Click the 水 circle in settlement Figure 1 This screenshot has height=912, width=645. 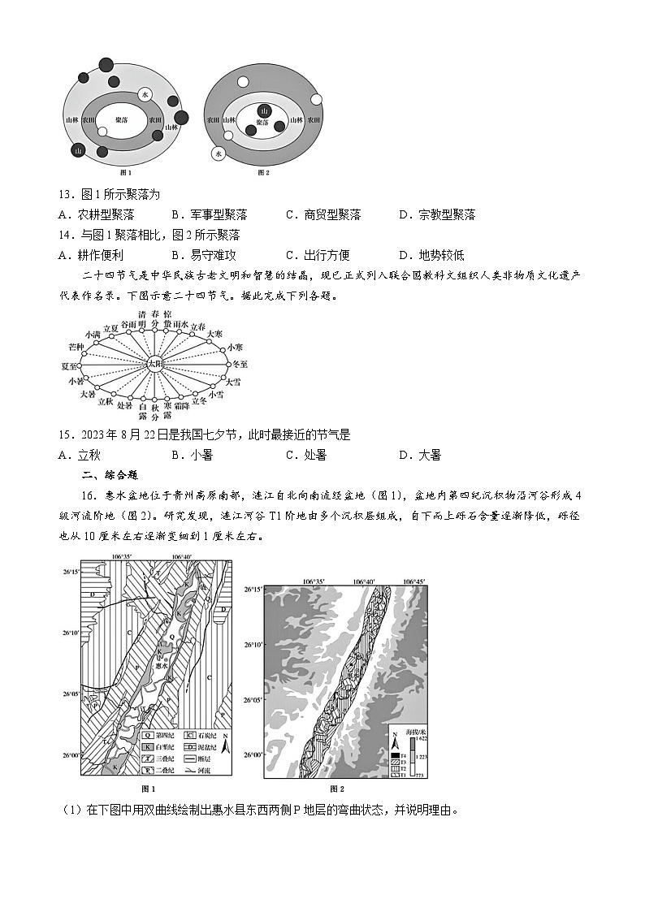pos(145,95)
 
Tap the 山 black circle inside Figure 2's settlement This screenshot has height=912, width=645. pos(263,111)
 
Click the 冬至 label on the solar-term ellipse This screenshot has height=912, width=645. pos(239,365)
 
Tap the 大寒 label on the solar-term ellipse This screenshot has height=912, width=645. pos(214,334)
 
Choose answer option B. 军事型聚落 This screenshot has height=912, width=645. pos(210,214)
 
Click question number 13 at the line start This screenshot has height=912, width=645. pos(66,194)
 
